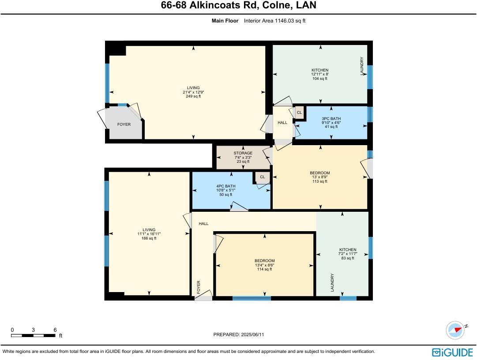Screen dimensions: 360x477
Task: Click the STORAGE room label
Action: click(x=243, y=153)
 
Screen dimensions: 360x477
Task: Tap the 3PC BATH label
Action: click(x=331, y=119)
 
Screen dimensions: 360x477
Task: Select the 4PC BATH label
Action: click(x=227, y=186)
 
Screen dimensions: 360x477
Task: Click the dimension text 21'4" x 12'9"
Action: click(x=193, y=92)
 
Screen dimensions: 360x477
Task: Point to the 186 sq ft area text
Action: click(x=149, y=238)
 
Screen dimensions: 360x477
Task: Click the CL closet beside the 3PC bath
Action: click(x=299, y=112)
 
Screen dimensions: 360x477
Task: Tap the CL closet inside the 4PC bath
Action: click(x=262, y=177)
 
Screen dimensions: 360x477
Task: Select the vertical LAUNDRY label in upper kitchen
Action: click(x=362, y=66)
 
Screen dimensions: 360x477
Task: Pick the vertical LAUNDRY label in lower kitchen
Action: click(x=332, y=282)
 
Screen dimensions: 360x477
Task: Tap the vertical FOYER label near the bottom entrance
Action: click(x=199, y=287)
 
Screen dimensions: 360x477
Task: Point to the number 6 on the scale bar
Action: click(x=55, y=330)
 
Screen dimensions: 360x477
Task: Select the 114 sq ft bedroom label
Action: click(x=264, y=269)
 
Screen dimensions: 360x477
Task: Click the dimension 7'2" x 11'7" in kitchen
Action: click(x=347, y=254)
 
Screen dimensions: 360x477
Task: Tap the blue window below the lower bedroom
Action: click(x=252, y=299)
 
